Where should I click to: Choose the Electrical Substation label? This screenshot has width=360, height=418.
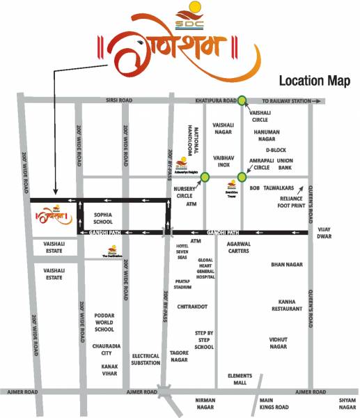coord(146,359)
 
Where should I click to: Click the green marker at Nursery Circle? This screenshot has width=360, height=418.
coord(205,178)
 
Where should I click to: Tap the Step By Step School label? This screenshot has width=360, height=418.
coord(204,339)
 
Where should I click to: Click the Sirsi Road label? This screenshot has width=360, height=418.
coord(119,100)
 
